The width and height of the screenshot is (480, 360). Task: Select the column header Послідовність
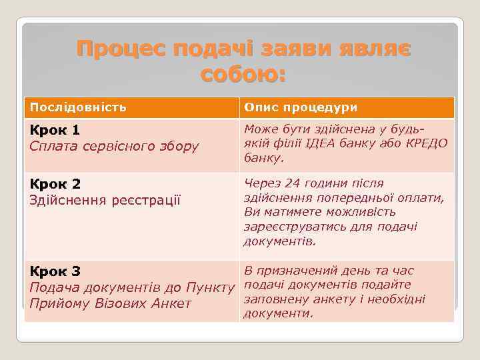[x=78, y=107]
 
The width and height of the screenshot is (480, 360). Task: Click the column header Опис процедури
[x=301, y=107]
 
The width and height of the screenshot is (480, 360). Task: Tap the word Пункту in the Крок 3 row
[x=210, y=287]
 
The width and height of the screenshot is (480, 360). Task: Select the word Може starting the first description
[x=260, y=130]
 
